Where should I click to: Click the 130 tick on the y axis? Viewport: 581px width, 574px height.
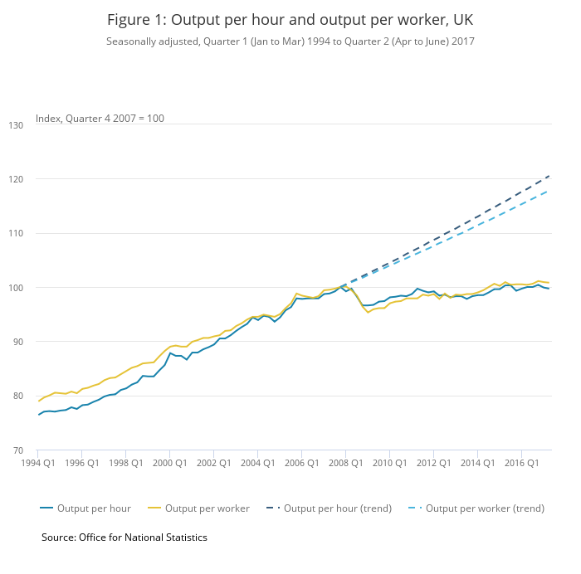coord(40,124)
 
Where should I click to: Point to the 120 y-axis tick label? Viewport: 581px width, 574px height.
coord(40,179)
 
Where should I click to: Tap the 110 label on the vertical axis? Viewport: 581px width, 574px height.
coord(40,233)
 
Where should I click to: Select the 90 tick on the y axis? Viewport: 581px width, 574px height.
coord(40,342)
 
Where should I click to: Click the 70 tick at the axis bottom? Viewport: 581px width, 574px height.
coord(40,450)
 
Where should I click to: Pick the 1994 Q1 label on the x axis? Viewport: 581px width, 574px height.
coord(39,463)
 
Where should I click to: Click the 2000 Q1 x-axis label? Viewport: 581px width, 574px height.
coord(169,463)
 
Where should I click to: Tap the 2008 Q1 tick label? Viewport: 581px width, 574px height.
coord(344,463)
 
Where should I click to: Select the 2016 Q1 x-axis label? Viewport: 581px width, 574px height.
coord(520,463)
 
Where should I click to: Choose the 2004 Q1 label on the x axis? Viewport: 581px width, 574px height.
coord(257,463)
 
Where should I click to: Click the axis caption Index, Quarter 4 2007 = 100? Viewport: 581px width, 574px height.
coord(100,119)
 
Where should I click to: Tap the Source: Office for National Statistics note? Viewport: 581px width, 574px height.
coord(124,538)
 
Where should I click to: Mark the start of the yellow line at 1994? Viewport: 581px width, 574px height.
coord(39,401)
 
